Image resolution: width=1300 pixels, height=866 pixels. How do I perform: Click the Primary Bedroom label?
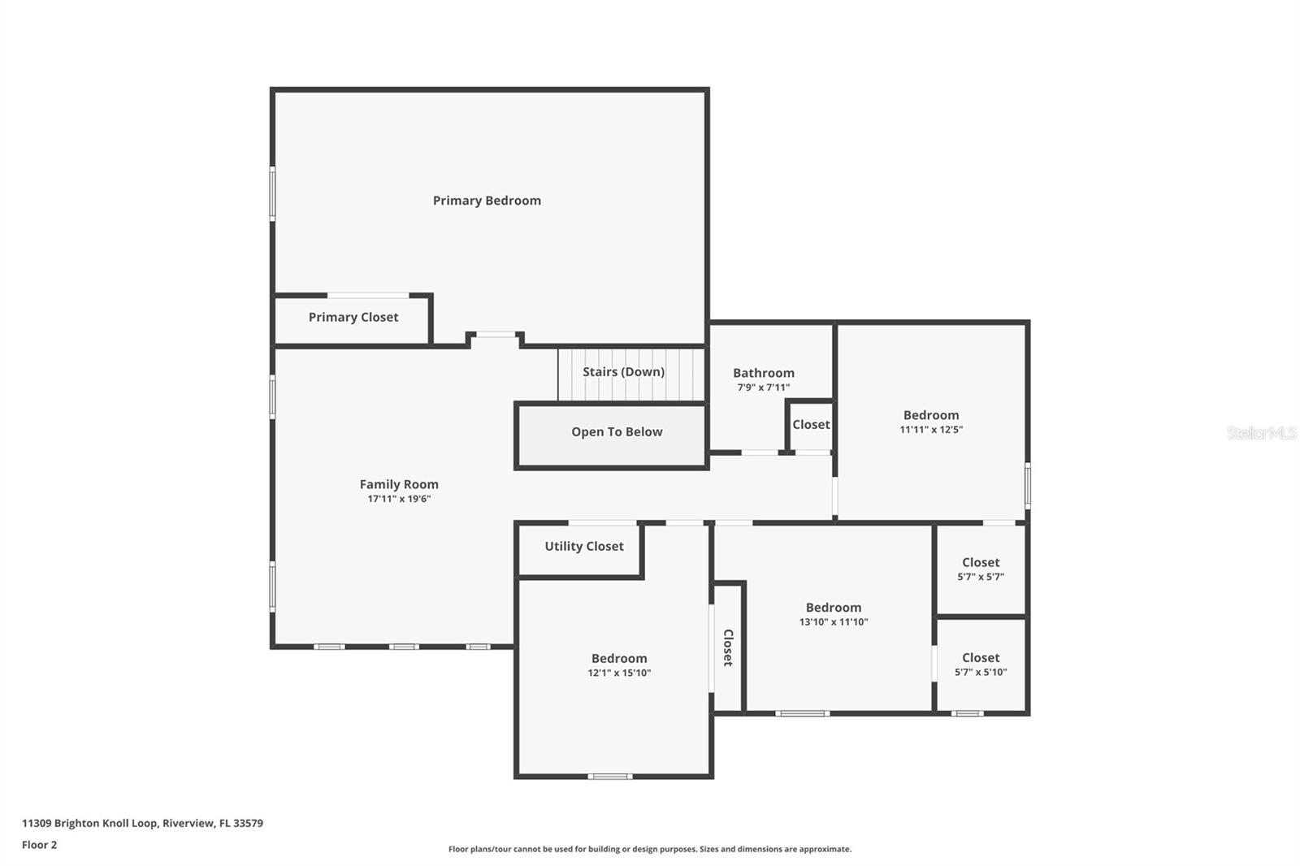point(486,201)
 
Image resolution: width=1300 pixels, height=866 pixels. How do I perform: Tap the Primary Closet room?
point(353,318)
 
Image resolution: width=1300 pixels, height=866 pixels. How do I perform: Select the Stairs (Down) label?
point(623,372)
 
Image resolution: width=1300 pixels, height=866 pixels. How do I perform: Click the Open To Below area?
point(616,432)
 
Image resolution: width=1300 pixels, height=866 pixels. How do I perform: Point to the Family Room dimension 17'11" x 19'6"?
point(398,499)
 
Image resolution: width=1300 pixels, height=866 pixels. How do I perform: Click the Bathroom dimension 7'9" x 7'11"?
point(763,388)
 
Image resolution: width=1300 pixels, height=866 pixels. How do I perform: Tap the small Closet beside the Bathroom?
point(811,425)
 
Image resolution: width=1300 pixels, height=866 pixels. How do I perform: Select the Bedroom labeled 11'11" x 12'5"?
point(930,422)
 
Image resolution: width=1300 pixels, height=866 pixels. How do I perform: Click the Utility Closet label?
point(583,547)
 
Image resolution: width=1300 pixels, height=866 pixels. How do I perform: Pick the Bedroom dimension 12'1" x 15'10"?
point(619,673)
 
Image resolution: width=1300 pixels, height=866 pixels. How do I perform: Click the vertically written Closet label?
point(728,647)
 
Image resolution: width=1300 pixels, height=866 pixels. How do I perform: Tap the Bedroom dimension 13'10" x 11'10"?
point(833,622)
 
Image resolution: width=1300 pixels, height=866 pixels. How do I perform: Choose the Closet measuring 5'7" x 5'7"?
point(980,569)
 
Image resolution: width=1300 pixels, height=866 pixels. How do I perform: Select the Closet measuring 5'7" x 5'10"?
point(980,665)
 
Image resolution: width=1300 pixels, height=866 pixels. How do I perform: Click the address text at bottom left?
point(142,823)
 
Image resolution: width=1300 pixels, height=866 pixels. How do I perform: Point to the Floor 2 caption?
point(39,845)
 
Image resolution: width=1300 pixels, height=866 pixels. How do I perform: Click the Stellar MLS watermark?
point(1261,433)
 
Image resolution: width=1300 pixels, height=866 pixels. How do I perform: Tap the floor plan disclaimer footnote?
point(649,849)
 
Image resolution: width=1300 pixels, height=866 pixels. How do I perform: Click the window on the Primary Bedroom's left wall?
point(272,193)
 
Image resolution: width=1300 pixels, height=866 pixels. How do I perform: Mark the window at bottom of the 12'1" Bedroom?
point(609,777)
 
